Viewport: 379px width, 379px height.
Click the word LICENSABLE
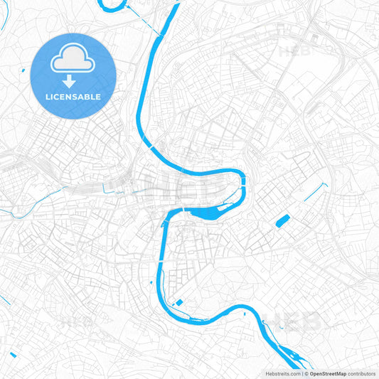click(x=73, y=96)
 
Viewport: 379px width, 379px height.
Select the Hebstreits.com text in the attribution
click(x=283, y=373)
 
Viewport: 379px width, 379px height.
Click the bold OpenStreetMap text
click(x=327, y=373)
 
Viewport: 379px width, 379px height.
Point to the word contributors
click(x=361, y=373)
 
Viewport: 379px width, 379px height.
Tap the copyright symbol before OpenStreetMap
click(x=306, y=373)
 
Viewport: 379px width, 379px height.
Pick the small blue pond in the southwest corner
click(x=13, y=353)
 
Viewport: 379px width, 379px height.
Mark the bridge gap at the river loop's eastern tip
click(x=244, y=182)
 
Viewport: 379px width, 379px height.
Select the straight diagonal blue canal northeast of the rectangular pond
click(x=316, y=192)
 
